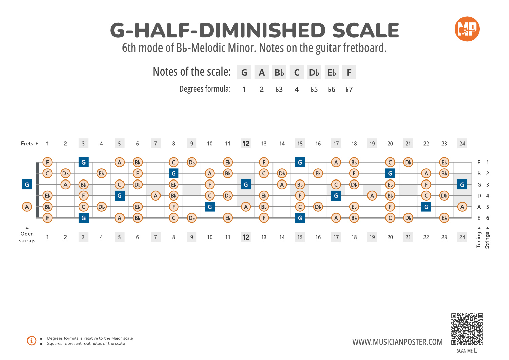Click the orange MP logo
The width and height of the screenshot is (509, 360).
pyautogui.click(x=467, y=29)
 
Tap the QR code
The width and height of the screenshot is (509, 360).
pyautogui.click(x=467, y=329)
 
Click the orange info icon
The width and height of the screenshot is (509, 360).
pyautogui.click(x=32, y=341)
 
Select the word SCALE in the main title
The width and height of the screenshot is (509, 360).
pyautogui.click(x=365, y=31)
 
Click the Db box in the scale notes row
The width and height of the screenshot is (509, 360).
pyautogui.click(x=314, y=73)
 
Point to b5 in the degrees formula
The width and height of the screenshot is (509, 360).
pyautogui.click(x=314, y=89)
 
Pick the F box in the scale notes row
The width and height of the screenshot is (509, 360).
pyautogui.click(x=349, y=73)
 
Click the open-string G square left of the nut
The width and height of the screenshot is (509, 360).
pyautogui.click(x=27, y=185)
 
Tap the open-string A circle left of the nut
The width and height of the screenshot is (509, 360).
pyautogui.click(x=27, y=207)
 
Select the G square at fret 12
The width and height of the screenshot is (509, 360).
pyautogui.click(x=246, y=185)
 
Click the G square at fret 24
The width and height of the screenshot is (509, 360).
pyautogui.click(x=462, y=185)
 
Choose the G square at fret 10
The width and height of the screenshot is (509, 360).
pyautogui.click(x=210, y=207)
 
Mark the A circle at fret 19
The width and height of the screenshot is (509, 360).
pyautogui.click(x=372, y=196)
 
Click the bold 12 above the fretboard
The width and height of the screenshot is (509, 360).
pyautogui.click(x=246, y=144)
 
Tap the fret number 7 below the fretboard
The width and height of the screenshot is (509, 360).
pyautogui.click(x=155, y=237)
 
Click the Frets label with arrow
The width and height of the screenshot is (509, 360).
pyautogui.click(x=29, y=144)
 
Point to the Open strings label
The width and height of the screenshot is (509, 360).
pyautogui.click(x=27, y=237)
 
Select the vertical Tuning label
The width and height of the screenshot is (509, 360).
pyautogui.click(x=479, y=240)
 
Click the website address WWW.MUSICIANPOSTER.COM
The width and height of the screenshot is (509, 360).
pyautogui.click(x=397, y=342)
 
